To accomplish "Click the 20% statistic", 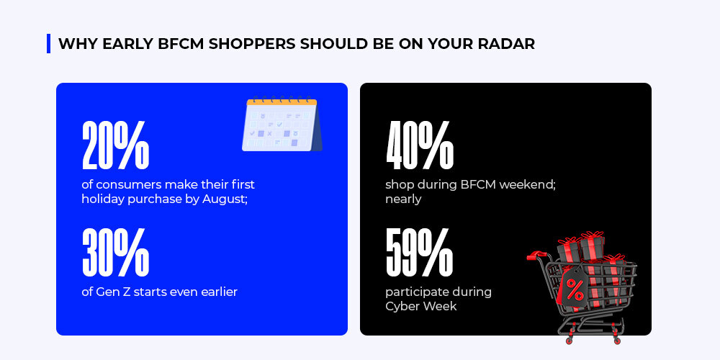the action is point(115,145).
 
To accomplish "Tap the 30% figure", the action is point(115,252).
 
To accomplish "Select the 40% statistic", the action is point(420,145).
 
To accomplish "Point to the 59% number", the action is point(419,252).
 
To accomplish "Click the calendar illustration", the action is point(282,124).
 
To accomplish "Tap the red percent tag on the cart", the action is point(573,288).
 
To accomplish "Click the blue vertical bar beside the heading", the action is point(49,44).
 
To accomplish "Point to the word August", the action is point(225,200).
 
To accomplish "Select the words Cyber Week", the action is point(421,306).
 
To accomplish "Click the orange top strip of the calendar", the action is point(282,102).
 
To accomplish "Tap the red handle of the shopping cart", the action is point(536,254).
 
